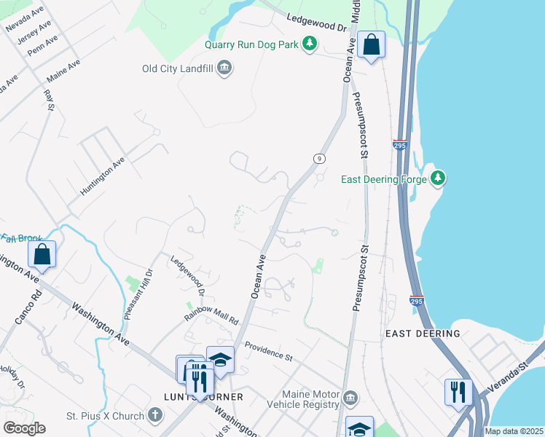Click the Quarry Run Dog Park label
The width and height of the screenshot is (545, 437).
(251, 44)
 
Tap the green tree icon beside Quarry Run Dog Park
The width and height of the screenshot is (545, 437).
(310, 44)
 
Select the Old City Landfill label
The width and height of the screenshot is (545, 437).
(178, 69)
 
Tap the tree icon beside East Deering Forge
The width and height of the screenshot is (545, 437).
(437, 178)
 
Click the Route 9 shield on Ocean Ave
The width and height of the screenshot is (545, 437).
(318, 158)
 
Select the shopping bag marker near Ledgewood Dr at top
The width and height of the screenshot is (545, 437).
(371, 45)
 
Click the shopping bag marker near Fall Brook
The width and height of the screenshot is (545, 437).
(42, 255)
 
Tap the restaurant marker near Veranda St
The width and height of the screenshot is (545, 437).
(458, 391)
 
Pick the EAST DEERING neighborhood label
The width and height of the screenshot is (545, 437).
(423, 334)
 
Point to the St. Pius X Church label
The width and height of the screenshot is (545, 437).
(104, 416)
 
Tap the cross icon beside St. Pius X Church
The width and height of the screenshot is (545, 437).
(154, 416)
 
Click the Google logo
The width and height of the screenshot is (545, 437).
(25, 428)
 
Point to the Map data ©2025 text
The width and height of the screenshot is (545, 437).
(513, 431)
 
